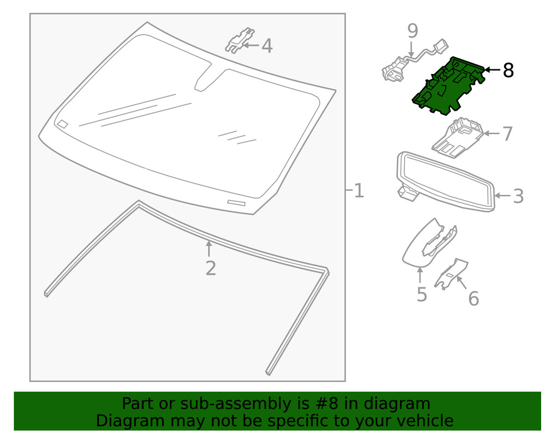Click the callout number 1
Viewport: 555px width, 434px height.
359,191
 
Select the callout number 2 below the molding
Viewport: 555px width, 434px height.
210,268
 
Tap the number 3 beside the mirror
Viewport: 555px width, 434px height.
518,196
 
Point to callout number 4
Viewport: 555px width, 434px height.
267,46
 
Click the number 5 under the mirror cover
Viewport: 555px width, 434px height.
422,295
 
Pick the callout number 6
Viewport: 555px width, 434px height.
473,299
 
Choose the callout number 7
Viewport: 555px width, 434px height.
507,134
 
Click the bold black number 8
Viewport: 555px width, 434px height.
508,71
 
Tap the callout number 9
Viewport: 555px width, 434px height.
412,31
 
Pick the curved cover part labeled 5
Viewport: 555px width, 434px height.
425,242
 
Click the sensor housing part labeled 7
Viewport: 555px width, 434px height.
458,137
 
